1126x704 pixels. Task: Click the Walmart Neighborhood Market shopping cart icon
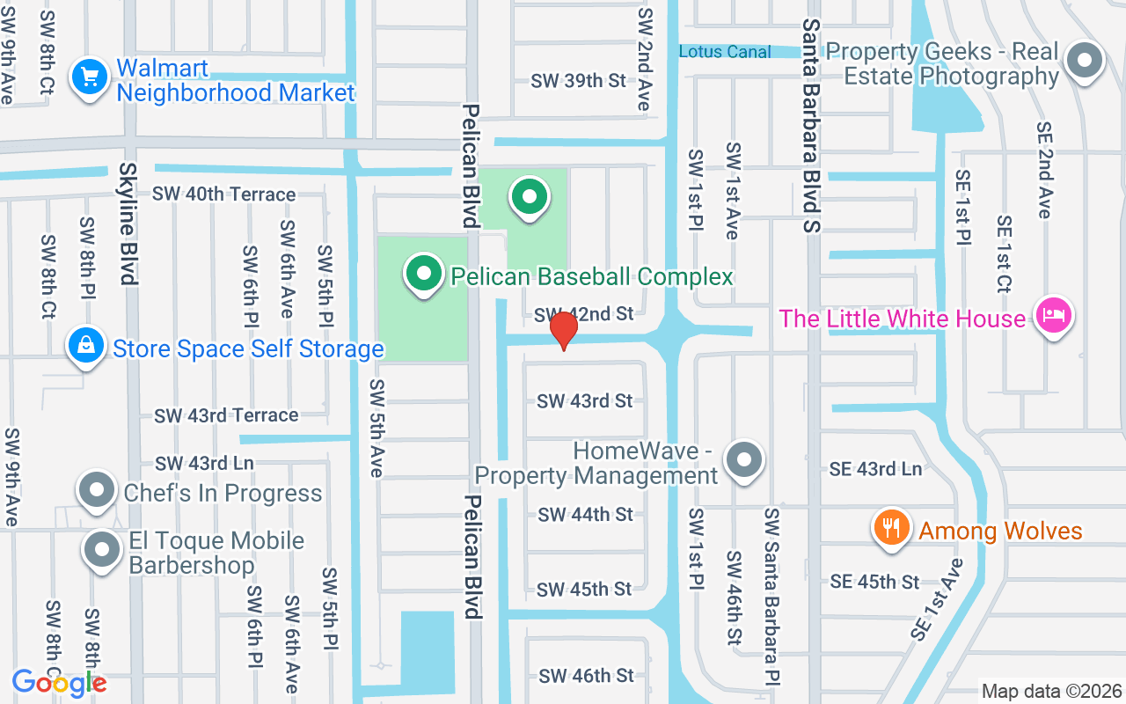(x=89, y=77)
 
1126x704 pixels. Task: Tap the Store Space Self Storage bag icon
(x=85, y=346)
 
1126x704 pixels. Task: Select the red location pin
(x=563, y=329)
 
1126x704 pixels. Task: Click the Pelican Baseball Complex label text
(x=591, y=276)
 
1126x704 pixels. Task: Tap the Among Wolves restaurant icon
(x=892, y=529)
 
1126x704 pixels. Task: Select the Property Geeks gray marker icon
(x=1084, y=62)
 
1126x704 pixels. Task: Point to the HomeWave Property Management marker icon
(x=744, y=459)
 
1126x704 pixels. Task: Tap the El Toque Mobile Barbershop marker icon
(x=102, y=549)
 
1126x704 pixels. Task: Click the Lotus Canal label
(x=725, y=52)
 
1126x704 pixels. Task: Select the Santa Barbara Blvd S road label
(x=811, y=125)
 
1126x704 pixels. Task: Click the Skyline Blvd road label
(x=128, y=224)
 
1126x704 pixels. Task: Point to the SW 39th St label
(x=578, y=81)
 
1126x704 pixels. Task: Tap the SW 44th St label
(x=585, y=514)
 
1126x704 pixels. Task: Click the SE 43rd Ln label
(x=875, y=469)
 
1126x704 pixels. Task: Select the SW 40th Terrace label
(x=223, y=194)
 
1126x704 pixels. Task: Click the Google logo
(x=59, y=682)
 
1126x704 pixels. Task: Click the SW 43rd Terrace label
(x=226, y=414)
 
